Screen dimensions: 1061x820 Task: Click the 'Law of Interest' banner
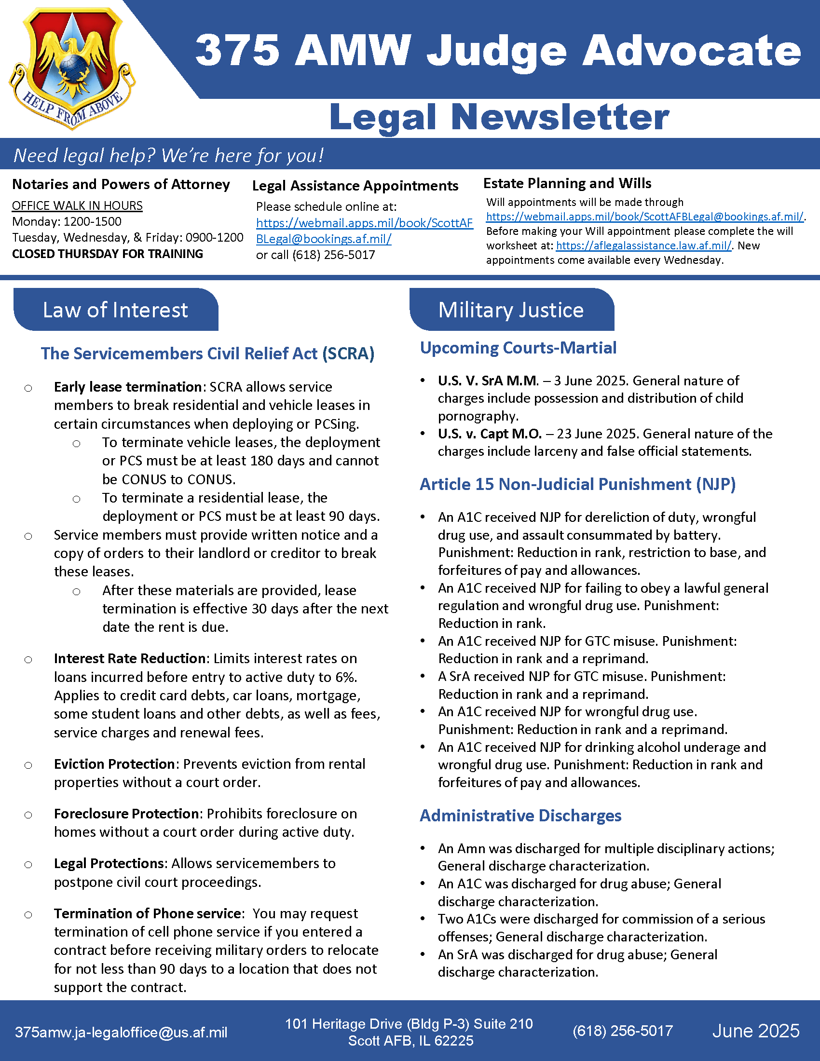click(116, 310)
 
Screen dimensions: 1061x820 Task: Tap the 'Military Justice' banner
click(511, 310)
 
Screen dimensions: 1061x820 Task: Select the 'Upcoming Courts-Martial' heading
click(518, 348)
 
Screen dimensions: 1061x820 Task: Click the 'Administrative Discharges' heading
click(520, 816)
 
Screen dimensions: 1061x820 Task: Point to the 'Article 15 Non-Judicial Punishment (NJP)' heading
click(577, 484)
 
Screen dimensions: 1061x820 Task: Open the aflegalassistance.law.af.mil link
click(643, 246)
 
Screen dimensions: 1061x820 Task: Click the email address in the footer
click(121, 1033)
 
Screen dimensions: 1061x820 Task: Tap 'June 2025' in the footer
click(755, 1031)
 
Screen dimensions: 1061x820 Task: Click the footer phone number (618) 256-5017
click(622, 1031)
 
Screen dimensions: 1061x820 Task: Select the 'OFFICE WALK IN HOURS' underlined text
click(77, 206)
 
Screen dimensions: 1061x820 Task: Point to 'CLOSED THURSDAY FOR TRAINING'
click(108, 254)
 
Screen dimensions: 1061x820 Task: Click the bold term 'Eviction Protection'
click(114, 764)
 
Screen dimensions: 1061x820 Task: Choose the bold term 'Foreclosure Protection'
click(126, 814)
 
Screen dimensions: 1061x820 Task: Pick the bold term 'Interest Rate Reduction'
click(130, 659)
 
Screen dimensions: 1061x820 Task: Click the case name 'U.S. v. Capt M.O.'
click(489, 434)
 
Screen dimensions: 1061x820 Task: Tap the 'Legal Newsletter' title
click(499, 117)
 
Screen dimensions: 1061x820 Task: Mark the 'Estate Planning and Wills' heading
click(567, 184)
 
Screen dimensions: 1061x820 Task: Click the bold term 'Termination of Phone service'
click(147, 914)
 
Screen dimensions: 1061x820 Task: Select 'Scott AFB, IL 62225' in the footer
click(410, 1041)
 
